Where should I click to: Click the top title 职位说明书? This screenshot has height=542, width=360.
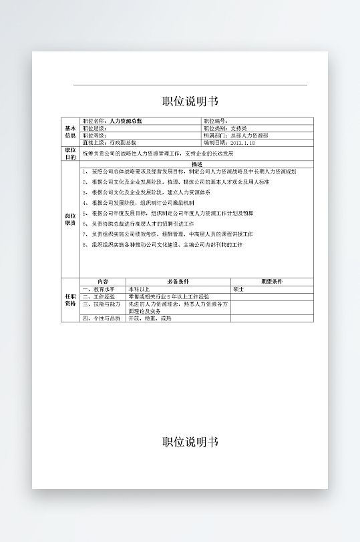pos(190,101)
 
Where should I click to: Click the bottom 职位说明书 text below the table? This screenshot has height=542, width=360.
pos(190,442)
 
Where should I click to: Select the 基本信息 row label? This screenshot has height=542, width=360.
pos(70,131)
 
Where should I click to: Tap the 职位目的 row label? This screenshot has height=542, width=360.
pos(70,154)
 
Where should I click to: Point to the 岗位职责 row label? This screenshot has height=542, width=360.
pos(70,220)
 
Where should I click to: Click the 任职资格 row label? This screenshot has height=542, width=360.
pos(70,300)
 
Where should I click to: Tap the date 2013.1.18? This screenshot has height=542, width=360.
pos(242,143)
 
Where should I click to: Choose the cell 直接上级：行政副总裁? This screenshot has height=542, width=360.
pos(110,143)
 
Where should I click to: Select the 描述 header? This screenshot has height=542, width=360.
pos(196,164)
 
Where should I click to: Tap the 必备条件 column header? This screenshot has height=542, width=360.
pos(178,282)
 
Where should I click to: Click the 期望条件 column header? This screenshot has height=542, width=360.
pos(272,282)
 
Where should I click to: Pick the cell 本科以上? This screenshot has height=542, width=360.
pos(140,289)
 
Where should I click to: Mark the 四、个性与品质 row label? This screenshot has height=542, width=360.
pos(102,318)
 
